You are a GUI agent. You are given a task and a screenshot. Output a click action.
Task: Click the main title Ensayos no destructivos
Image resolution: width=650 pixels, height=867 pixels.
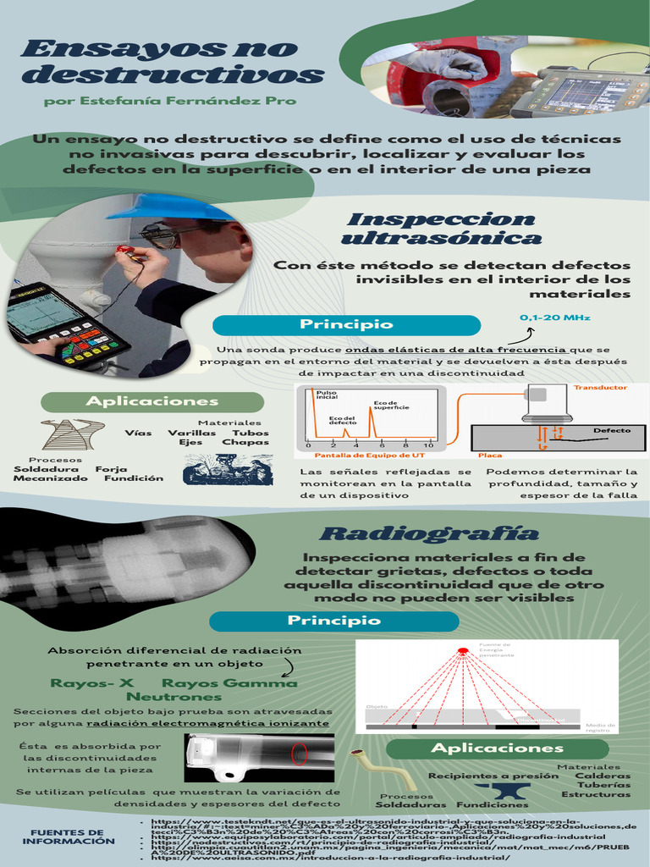click(172, 62)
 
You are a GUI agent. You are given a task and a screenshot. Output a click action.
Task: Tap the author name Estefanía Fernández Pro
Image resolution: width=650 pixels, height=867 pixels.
click(169, 101)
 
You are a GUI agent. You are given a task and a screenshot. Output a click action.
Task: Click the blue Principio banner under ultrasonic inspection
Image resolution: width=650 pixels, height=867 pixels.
click(346, 325)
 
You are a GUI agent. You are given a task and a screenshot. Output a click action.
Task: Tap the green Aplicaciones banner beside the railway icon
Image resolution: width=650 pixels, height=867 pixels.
click(153, 401)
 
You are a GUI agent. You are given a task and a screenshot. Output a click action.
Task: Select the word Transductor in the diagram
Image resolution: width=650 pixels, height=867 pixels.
click(600, 388)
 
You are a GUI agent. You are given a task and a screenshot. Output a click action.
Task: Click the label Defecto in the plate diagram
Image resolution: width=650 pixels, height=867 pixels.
click(611, 430)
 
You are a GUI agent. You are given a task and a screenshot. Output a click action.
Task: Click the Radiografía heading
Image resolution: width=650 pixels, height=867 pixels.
click(429, 533)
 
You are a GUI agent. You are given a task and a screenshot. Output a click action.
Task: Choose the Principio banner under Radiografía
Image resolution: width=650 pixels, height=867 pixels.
click(333, 621)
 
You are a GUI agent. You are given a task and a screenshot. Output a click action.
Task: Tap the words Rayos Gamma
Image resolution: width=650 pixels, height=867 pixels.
click(229, 683)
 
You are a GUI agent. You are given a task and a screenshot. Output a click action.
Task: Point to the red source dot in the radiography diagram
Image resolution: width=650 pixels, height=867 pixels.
click(463, 650)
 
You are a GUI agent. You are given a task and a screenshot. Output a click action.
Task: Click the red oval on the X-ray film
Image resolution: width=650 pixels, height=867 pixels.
click(300, 754)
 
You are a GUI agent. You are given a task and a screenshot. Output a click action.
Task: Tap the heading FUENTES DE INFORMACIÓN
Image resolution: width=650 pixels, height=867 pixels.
click(69, 837)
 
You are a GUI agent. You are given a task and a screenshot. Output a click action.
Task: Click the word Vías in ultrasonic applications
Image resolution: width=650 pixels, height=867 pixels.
click(138, 433)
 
